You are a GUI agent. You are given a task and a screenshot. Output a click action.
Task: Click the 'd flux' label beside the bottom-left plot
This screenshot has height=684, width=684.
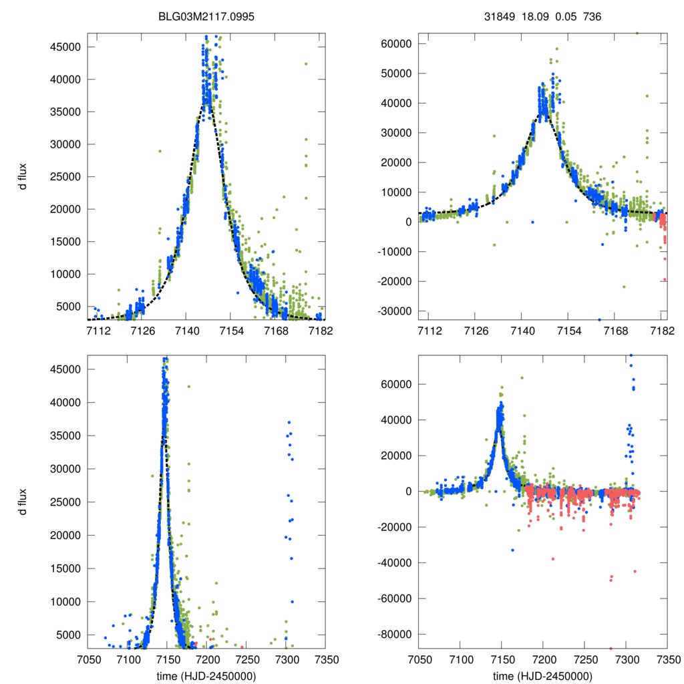click(24, 502)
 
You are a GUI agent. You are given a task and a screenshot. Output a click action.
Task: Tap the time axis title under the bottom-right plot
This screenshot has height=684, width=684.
click(542, 676)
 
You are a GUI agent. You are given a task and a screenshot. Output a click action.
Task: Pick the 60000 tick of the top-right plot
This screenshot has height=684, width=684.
click(396, 43)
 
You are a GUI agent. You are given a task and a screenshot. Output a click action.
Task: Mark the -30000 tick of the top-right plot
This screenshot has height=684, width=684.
click(394, 311)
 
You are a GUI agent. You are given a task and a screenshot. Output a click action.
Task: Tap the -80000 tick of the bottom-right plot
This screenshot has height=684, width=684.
click(394, 634)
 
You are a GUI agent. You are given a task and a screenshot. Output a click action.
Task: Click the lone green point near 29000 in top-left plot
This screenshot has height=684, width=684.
click(160, 151)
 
